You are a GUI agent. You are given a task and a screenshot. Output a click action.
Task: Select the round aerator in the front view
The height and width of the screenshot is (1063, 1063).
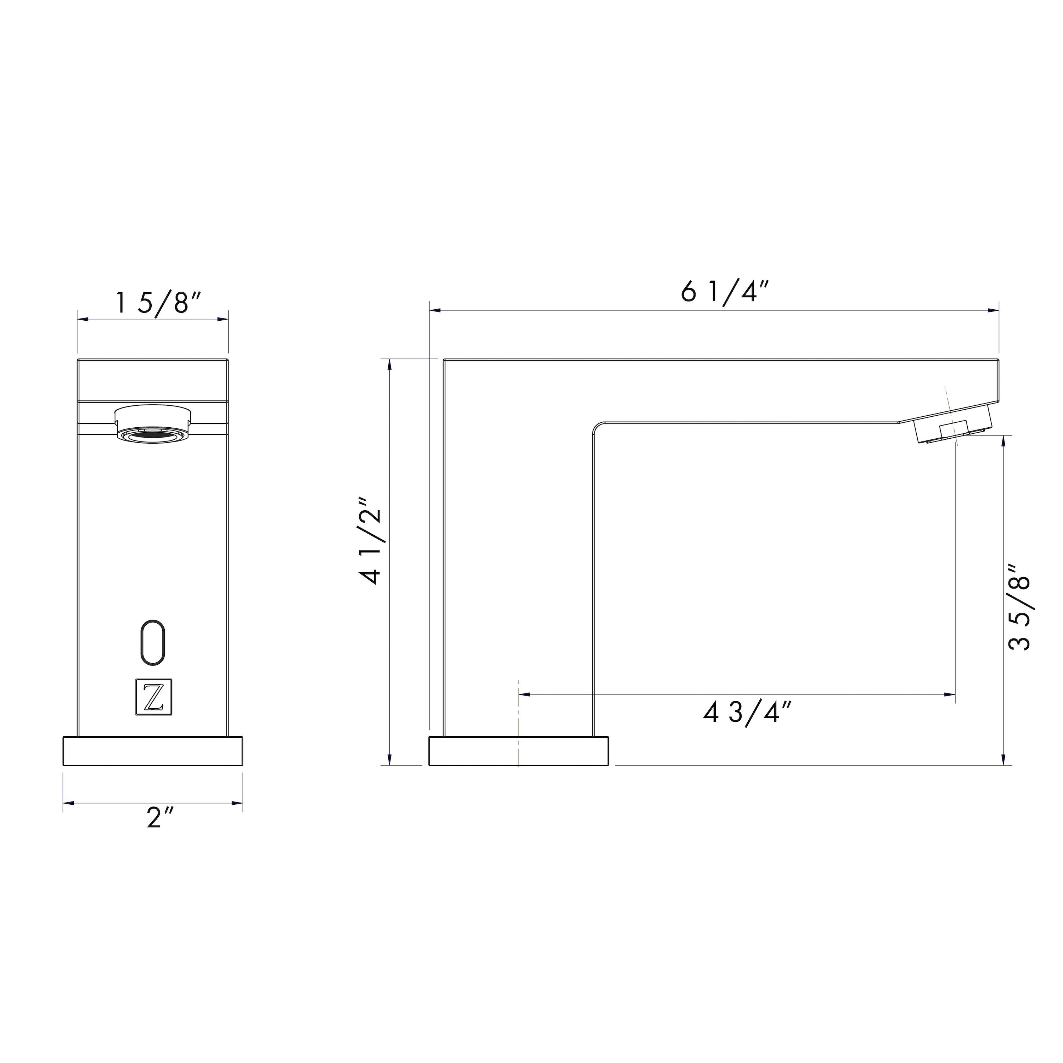(x=153, y=423)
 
